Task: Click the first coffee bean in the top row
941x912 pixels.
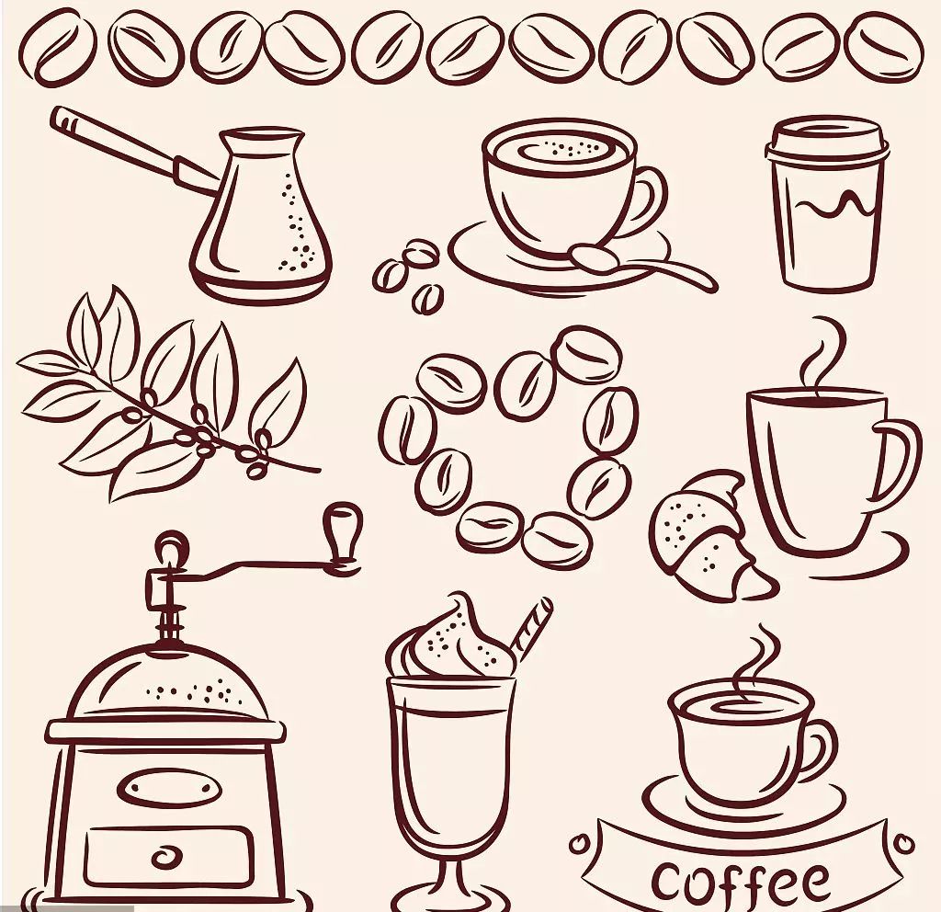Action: pyautogui.click(x=58, y=45)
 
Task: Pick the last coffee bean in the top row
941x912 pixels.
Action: pyautogui.click(x=883, y=46)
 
